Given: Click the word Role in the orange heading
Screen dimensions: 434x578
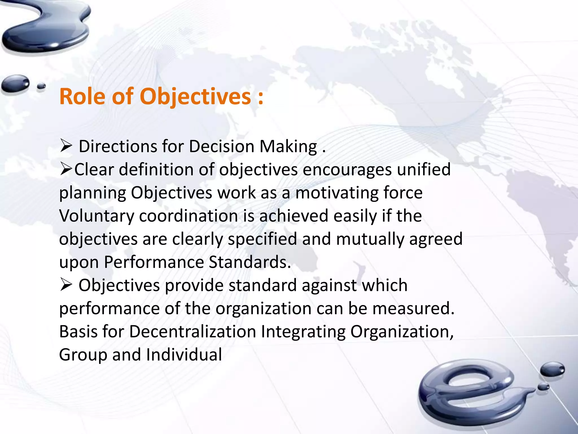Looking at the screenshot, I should pos(82,97).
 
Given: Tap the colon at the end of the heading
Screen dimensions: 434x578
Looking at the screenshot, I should pos(260,97).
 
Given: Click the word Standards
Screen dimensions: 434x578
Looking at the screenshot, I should pos(249,262).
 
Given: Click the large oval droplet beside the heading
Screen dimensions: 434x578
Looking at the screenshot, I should pos(15,83).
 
